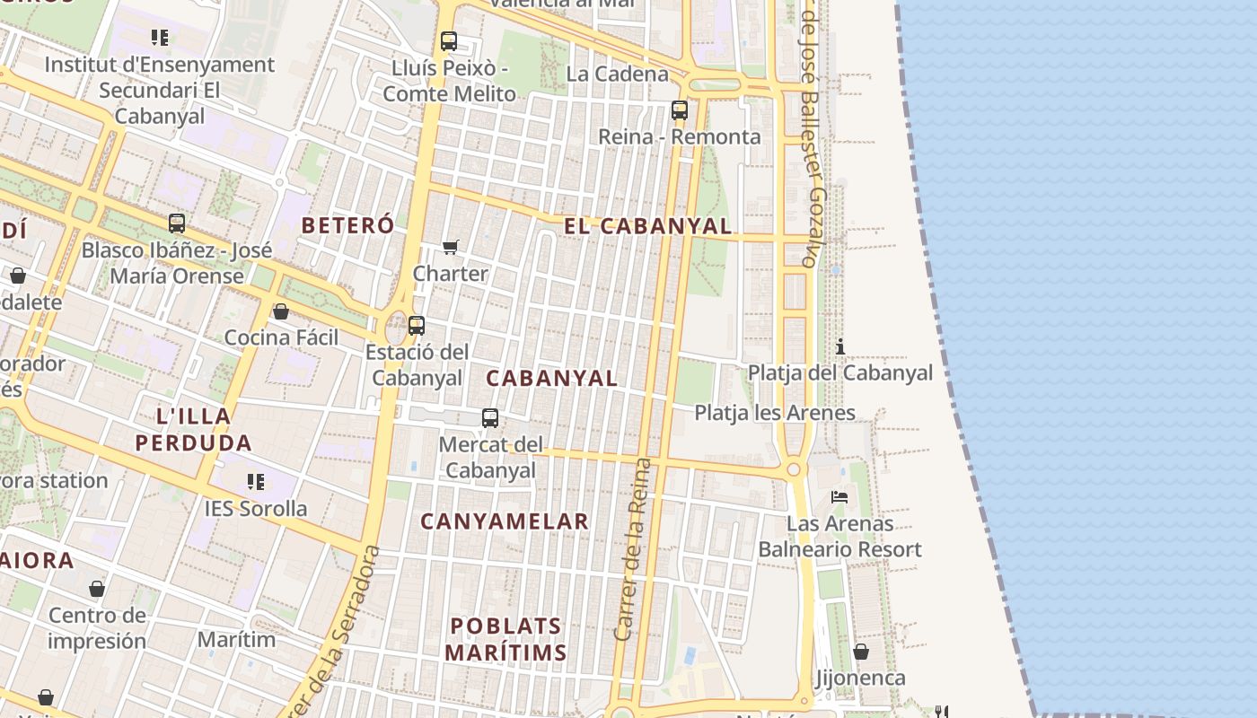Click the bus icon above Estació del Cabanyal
click(417, 326)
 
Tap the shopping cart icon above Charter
click(451, 247)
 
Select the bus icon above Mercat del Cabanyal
click(490, 417)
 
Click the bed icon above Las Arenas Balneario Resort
click(839, 496)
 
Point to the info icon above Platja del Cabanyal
click(840, 346)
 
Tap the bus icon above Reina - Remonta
click(680, 110)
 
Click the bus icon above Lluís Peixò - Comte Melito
click(449, 40)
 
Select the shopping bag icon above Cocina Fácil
click(281, 311)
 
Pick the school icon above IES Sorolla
click(256, 482)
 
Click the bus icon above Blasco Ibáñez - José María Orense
click(177, 223)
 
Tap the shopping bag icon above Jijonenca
click(860, 652)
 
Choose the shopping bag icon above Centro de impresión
click(97, 589)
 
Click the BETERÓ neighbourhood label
click(347, 225)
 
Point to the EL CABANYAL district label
click(647, 226)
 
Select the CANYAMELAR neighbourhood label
click(505, 521)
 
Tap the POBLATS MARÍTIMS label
click(506, 639)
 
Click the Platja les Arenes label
click(775, 413)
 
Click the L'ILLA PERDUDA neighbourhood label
click(194, 429)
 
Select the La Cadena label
click(618, 74)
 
